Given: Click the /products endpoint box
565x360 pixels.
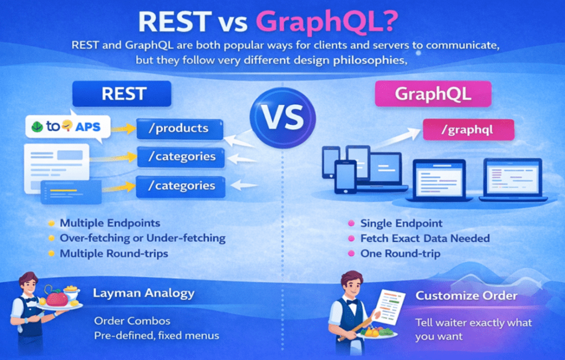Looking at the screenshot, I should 180,129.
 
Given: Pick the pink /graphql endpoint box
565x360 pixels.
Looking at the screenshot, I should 468,131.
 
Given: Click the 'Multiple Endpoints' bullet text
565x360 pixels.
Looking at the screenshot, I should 110,224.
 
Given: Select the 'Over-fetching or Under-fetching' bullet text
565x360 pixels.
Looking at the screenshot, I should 142,238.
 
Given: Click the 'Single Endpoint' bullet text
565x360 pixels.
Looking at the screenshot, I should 402,224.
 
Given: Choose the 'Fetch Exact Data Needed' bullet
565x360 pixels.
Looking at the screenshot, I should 425,239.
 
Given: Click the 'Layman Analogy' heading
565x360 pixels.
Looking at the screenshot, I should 143,293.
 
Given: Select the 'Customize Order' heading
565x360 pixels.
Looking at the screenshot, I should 466,295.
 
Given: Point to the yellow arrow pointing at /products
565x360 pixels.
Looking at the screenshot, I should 123,129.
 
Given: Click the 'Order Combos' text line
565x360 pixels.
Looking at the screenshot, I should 132,321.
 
